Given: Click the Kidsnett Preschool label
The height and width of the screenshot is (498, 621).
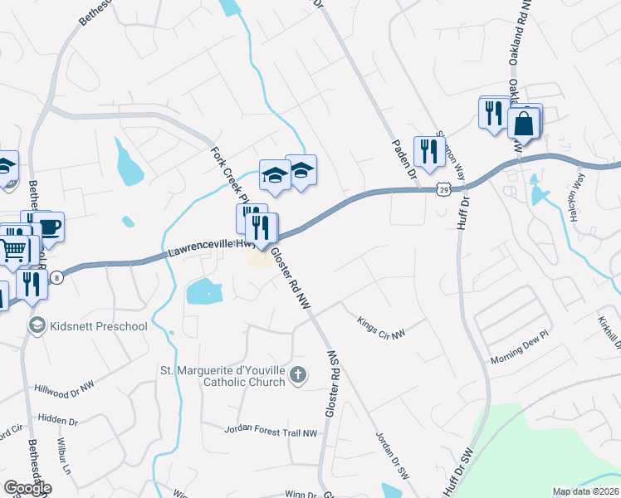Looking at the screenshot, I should tap(98, 326).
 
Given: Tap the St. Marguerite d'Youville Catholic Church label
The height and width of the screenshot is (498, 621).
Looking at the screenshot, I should tap(222, 377).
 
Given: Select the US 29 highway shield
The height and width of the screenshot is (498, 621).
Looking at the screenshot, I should tap(446, 190).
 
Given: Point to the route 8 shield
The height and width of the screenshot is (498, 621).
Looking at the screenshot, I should tap(56, 277).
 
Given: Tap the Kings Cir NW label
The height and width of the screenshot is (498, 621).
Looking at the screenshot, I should tap(381, 328).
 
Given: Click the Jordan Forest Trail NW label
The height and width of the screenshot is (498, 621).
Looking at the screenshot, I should tap(271, 432).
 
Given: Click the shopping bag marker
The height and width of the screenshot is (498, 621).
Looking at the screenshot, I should tap(525, 124).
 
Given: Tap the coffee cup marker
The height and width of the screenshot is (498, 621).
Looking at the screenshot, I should tap(47, 227).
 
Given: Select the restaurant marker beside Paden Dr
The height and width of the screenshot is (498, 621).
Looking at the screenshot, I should tap(428, 150).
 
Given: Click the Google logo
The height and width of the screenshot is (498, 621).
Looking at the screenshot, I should tap(27, 488).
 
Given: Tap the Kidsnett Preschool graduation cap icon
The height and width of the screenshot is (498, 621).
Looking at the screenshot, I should tap(36, 326).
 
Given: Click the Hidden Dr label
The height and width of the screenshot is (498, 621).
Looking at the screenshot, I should tap(58, 422).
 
